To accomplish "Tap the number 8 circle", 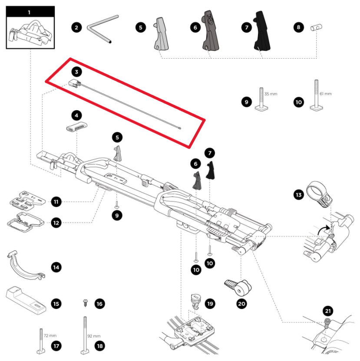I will [298, 27].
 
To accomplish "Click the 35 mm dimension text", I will [271, 94].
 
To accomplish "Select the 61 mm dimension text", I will [325, 94].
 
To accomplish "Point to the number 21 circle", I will [328, 311].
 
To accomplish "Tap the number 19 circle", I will [210, 304].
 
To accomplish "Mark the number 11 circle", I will [56, 201].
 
